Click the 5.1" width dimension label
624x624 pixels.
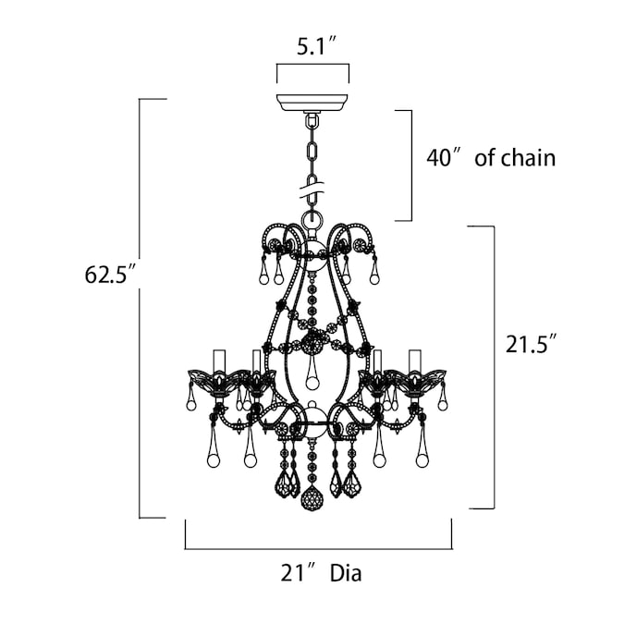(x=312, y=47)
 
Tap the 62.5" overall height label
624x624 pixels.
(x=110, y=275)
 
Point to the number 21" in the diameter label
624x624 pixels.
(x=294, y=573)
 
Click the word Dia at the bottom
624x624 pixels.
(x=346, y=573)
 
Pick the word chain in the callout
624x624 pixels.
(x=528, y=158)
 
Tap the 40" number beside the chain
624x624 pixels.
(x=443, y=158)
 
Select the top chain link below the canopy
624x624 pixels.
(x=312, y=121)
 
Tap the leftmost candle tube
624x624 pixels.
(x=218, y=359)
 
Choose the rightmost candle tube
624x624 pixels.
(x=415, y=359)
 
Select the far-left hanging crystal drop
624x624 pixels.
(x=191, y=400)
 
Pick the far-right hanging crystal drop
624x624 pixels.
(x=441, y=400)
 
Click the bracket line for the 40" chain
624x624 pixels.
(x=410, y=165)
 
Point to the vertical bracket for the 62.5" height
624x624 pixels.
(x=141, y=308)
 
